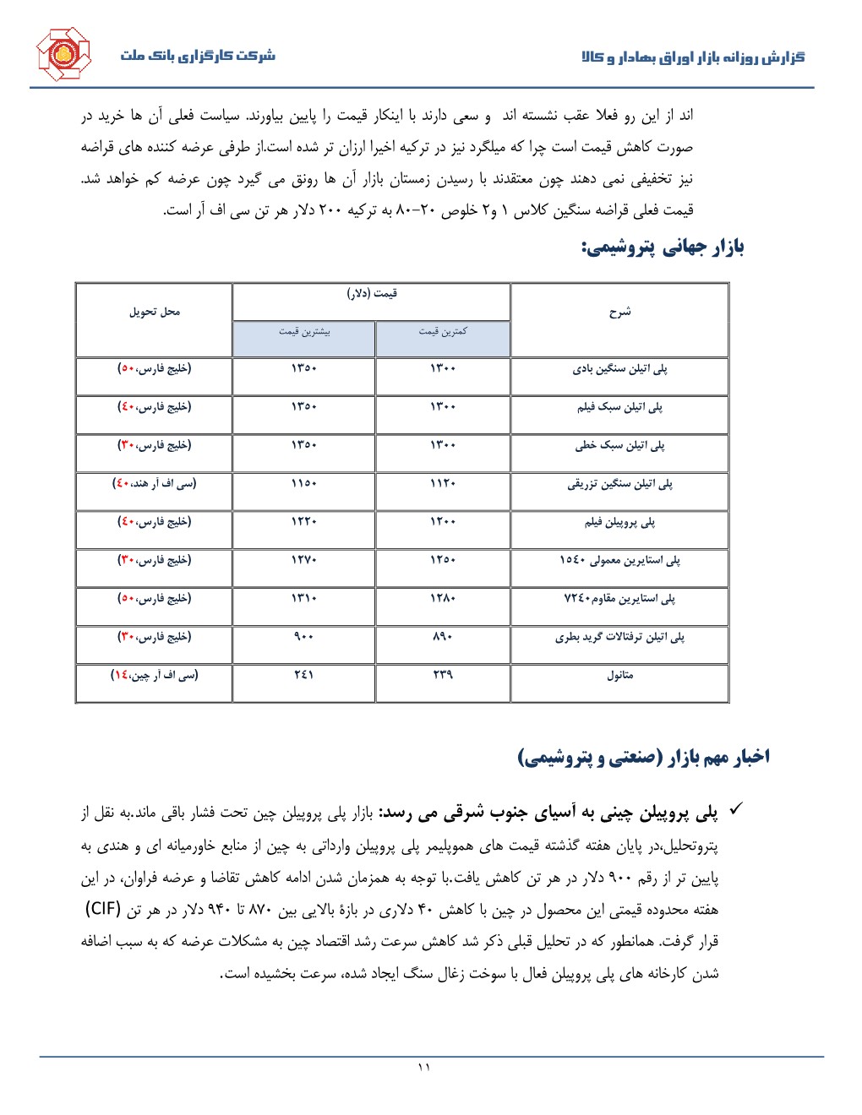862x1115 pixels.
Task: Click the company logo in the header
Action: coord(63,55)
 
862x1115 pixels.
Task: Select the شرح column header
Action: coord(619,312)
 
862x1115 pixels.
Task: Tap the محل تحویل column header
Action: coord(154,312)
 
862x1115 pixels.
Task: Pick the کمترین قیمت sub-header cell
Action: coord(442,332)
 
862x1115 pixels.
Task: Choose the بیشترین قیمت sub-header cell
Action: coord(304,332)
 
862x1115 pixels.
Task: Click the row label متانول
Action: coord(619,676)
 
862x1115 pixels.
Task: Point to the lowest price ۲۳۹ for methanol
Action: coord(442,676)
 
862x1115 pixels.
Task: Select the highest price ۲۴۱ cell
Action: coord(304,676)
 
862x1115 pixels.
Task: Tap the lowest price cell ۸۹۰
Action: coord(442,637)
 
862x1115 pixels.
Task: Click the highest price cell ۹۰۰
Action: coord(304,637)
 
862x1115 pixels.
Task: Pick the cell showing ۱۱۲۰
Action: coord(442,484)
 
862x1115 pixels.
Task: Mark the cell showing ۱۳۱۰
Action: coord(304,599)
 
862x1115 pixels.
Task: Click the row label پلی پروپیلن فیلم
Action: coord(619,523)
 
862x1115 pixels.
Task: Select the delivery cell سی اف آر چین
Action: coord(154,676)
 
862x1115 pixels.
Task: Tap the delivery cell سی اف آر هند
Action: coord(154,484)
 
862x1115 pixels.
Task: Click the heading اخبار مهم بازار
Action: coord(643,757)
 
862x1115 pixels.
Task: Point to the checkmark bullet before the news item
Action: coord(735,810)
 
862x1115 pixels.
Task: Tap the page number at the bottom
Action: coord(424,1068)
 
